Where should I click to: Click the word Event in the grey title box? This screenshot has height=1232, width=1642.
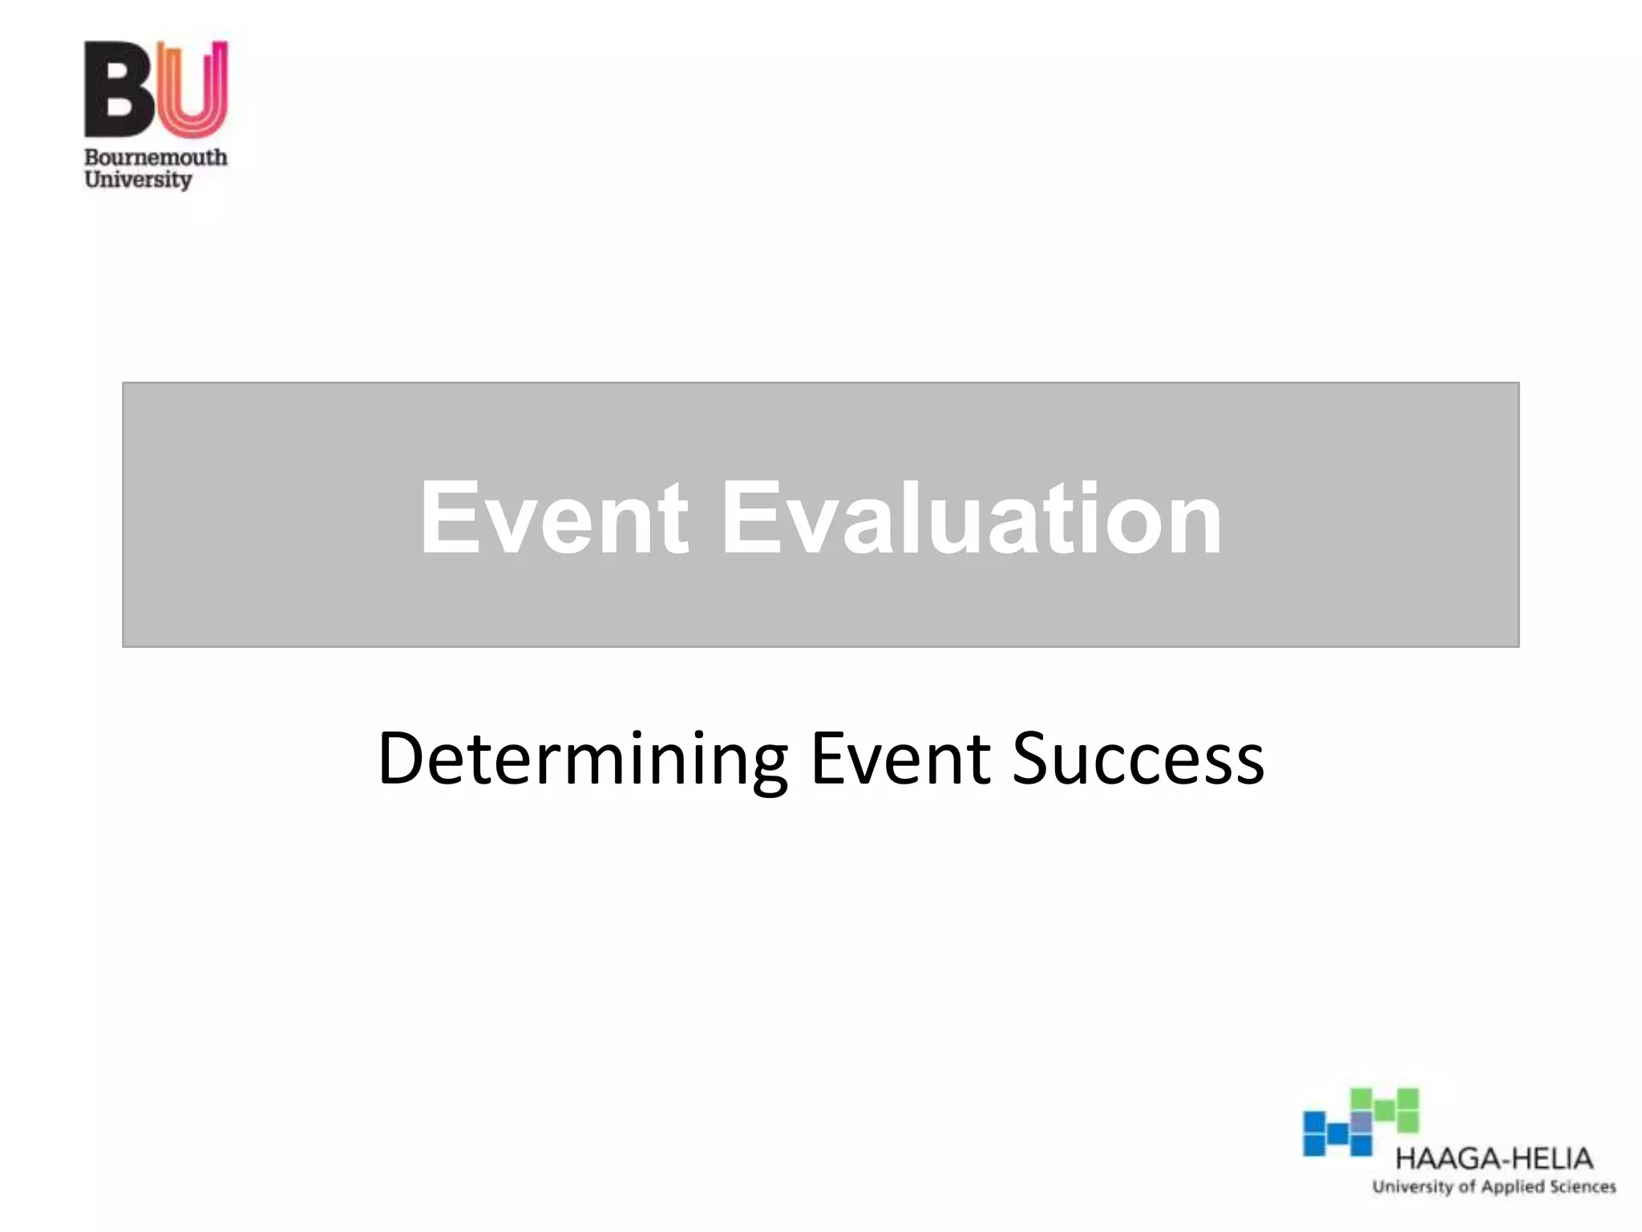[x=553, y=517]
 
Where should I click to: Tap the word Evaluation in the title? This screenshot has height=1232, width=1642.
[x=972, y=517]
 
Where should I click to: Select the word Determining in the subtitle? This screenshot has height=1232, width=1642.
[x=582, y=759]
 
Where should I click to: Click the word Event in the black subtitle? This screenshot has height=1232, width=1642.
[x=900, y=759]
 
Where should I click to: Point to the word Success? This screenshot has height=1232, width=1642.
[x=1138, y=759]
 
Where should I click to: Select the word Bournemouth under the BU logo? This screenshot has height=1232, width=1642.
[x=156, y=157]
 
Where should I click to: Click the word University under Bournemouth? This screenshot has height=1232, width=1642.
[x=138, y=180]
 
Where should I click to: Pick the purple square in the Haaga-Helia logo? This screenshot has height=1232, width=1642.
[x=1361, y=1121]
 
